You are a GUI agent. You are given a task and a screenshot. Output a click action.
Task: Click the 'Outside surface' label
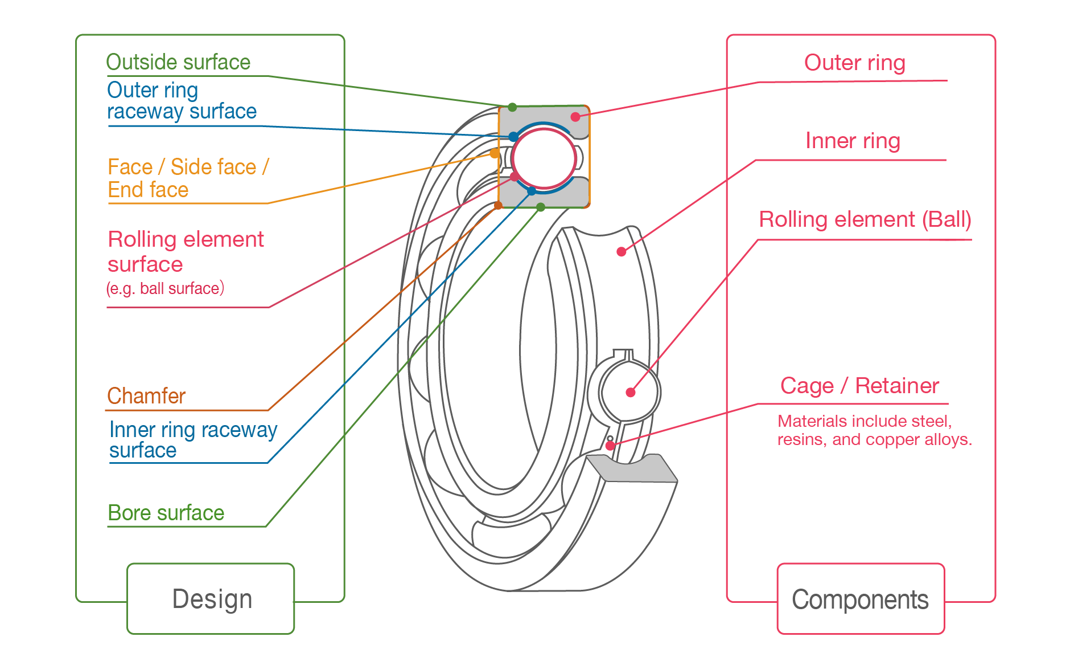pos(178,62)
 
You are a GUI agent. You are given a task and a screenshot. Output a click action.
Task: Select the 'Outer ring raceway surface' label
pos(181,101)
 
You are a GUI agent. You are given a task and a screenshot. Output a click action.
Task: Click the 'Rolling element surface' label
pos(185,251)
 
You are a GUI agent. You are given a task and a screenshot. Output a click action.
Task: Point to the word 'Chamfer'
pos(146,395)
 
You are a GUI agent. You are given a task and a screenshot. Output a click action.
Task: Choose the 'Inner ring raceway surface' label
pos(192,439)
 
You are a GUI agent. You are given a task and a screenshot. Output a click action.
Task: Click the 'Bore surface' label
pos(166,513)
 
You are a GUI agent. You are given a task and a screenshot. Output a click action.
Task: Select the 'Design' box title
pos(212,599)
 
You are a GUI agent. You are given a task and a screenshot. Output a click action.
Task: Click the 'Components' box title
pos(859,599)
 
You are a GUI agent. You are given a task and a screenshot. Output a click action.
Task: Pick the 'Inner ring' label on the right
pos(852,140)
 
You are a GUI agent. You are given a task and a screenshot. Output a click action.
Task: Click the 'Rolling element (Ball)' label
pos(864,219)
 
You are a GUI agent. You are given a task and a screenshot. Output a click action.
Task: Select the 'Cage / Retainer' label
pos(859,386)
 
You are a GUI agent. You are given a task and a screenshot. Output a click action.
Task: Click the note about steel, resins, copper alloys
pos(874,430)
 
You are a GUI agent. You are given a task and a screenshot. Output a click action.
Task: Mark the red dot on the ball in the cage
pos(630,392)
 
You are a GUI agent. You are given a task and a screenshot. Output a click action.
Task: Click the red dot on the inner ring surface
pos(621,251)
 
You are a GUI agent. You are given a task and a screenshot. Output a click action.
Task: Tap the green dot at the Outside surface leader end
pos(512,107)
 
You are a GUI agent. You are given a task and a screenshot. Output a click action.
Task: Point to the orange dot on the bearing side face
pos(494,153)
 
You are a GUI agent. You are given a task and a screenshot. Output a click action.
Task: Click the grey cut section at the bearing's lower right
pos(632,468)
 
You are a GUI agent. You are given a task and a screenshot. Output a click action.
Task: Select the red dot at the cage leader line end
pos(610,446)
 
